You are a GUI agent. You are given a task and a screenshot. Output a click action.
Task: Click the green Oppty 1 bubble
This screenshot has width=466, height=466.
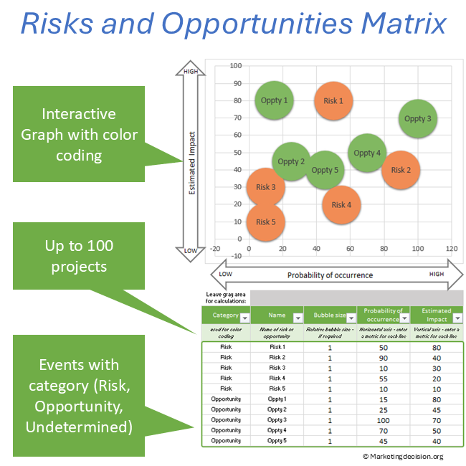point(274,100)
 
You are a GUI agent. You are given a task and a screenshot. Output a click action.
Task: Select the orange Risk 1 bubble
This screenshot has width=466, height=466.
point(333,100)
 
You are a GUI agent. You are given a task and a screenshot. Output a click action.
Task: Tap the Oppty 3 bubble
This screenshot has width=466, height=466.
point(418,118)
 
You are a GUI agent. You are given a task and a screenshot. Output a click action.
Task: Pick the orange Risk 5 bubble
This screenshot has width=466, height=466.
point(265,222)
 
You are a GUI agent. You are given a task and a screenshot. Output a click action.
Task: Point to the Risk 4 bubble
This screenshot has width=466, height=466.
point(341,204)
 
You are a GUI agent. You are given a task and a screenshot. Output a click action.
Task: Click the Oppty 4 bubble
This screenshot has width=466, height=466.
point(367,153)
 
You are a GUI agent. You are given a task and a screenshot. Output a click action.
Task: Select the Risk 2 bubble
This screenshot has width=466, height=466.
point(401,170)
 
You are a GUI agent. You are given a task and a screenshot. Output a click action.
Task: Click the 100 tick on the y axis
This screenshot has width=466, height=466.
point(234,66)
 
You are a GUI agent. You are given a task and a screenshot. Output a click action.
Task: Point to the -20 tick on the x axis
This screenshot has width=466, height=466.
point(214,249)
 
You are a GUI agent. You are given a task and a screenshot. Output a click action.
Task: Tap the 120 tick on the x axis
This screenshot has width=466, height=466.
point(452,249)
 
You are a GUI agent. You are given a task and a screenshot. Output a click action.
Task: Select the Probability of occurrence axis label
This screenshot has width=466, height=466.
point(330,275)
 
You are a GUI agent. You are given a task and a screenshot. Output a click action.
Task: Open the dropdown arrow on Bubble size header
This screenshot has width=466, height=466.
point(350,317)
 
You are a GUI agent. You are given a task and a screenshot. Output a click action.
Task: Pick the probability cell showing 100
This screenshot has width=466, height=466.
point(384,419)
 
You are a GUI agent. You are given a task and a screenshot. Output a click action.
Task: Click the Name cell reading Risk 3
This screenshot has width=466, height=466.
point(277,367)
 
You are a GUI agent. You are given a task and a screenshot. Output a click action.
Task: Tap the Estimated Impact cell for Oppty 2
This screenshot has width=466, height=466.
point(437,409)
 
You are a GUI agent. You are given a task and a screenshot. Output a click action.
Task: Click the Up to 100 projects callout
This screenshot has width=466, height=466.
point(79,256)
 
